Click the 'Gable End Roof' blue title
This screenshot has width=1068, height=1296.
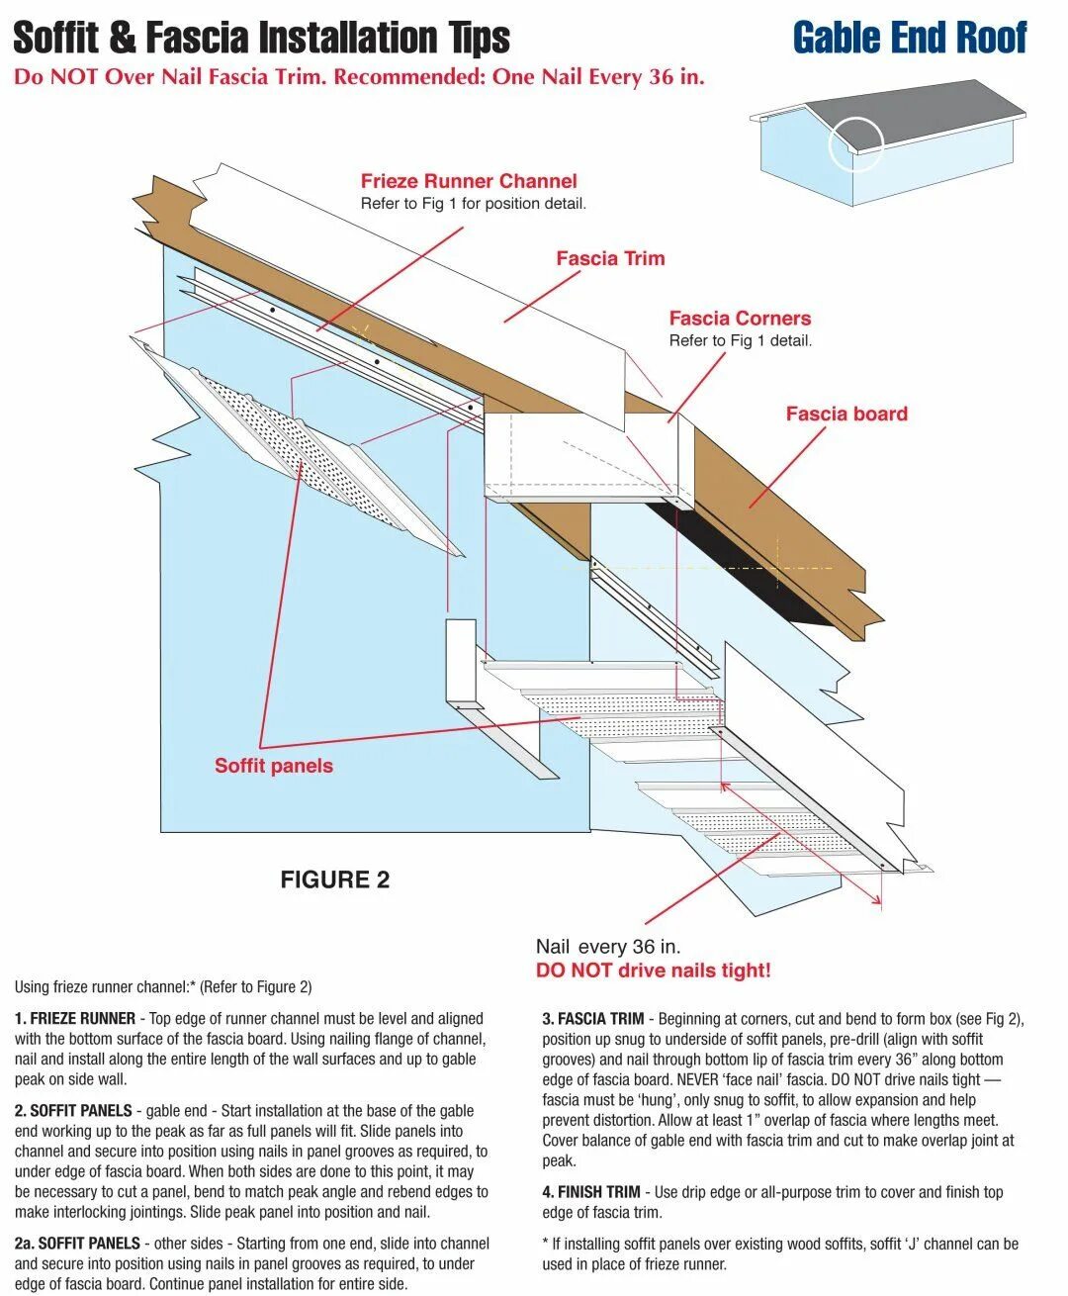pos(909,38)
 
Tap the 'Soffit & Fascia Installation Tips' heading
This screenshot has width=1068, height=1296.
pos(261,38)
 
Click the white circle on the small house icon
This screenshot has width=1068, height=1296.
pos(855,143)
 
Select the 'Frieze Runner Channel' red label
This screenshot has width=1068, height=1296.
pos(469,181)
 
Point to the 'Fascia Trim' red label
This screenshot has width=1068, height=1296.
pos(610,258)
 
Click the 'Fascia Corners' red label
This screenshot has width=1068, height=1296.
pos(740,319)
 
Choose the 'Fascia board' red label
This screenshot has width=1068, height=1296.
pos(846,414)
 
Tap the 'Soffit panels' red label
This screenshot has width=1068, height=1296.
pos(274,766)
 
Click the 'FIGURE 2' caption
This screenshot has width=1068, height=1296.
pos(335,879)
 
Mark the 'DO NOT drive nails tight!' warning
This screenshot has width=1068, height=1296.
pos(653,971)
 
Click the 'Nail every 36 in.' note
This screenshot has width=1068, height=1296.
pos(608,947)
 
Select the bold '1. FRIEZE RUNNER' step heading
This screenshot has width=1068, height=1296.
pos(75,1018)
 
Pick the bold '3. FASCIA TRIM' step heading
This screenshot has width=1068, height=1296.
pos(593,1018)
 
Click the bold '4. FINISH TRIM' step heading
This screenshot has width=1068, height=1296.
pos(591,1192)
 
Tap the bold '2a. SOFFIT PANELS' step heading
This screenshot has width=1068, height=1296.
pos(77,1244)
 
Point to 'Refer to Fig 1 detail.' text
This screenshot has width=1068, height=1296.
pos(740,340)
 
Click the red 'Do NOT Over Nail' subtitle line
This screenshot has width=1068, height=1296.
pos(359,77)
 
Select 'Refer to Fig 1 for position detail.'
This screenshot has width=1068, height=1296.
pos(474,204)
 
